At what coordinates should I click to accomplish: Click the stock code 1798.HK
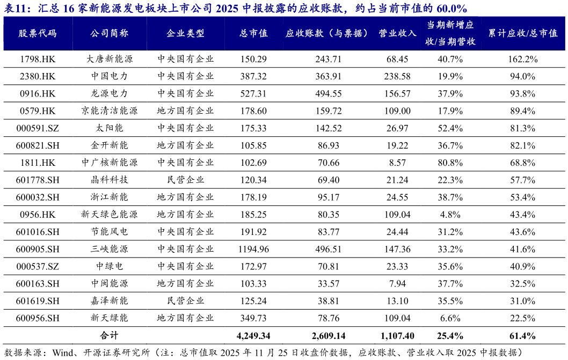pos(38,59)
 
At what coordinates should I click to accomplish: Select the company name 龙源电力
pos(110,94)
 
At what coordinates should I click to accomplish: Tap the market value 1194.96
pos(253,249)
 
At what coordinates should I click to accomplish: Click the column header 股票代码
pos(38,33)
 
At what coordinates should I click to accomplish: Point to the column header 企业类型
pos(186,33)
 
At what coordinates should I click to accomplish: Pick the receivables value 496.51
pos(329,249)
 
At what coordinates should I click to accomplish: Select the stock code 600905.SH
pos(38,249)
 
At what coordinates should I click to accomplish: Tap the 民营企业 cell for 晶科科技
pos(186,180)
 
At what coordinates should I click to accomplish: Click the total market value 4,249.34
pos(253,336)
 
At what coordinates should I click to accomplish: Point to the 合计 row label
pos(110,336)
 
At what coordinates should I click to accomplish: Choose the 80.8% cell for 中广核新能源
pos(450,163)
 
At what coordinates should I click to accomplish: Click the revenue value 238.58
pos(397,77)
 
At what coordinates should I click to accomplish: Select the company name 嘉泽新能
pos(110,301)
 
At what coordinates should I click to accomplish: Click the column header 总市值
pos(253,33)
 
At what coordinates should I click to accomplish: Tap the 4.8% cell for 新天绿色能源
pos(450,215)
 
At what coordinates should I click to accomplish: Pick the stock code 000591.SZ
pos(38,128)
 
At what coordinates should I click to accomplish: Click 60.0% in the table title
pos(450,8)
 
